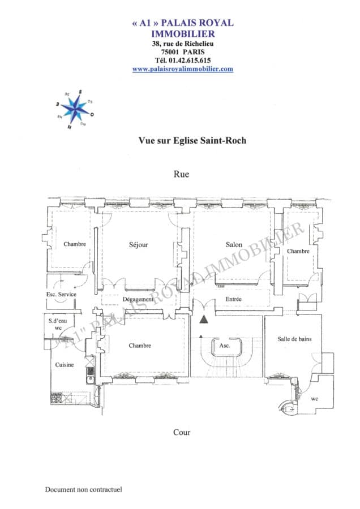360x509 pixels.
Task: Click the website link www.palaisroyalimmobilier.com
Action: (183, 69)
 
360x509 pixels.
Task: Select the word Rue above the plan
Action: (181, 174)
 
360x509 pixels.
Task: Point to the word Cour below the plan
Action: (181, 433)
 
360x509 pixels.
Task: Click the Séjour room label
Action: (138, 245)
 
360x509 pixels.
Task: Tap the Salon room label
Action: (234, 245)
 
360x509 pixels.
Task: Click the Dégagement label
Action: (138, 299)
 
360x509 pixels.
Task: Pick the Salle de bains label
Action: (294, 339)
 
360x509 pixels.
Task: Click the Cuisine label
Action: (64, 365)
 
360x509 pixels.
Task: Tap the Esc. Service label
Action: (61, 295)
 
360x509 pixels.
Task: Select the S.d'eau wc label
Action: (58, 324)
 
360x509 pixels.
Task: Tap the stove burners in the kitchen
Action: (57, 396)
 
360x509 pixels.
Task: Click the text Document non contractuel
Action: (84, 490)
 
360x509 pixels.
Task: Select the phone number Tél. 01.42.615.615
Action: (183, 60)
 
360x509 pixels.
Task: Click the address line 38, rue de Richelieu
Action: (183, 44)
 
